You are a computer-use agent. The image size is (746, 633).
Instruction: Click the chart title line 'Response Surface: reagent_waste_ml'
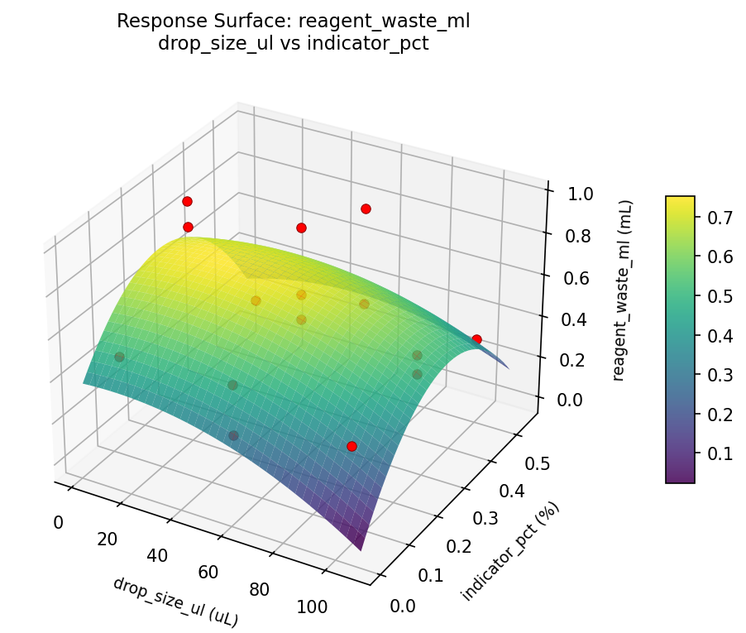[x=294, y=22]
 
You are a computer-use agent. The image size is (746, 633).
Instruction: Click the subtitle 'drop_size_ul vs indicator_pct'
[x=294, y=43]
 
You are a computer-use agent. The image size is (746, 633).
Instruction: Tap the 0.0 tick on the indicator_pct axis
[x=403, y=607]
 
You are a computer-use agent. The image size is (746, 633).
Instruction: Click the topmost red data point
[x=187, y=201]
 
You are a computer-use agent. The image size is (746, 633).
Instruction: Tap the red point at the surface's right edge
[x=476, y=339]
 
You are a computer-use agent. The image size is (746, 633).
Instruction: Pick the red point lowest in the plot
[x=351, y=446]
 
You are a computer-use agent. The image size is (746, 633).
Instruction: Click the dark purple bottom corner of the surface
[x=361, y=547]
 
